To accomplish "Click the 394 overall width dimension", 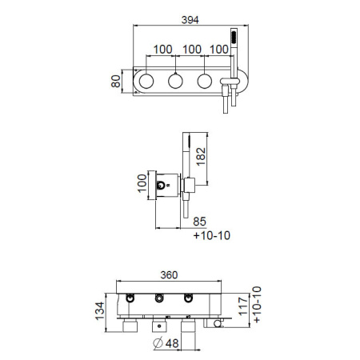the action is pos(190,20).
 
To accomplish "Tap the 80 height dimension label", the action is pos(116,82).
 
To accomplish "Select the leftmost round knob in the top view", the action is pos(146,81).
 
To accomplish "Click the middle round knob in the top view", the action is pos(175,81).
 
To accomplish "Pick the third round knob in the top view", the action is pos(205,81).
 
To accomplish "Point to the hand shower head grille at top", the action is pos(234,37).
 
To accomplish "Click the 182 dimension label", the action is pos(201,157).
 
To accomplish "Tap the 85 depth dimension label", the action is pos(200,222).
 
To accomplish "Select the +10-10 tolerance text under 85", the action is pos(212,235).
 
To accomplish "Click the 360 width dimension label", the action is pos(169,275).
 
